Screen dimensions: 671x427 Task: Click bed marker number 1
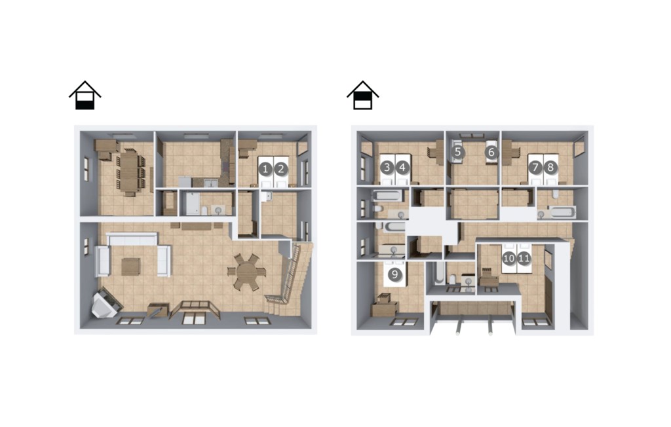[265, 169]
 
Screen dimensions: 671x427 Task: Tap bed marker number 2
[280, 169]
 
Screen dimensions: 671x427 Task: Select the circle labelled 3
[387, 167]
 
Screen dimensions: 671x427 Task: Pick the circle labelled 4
[402, 167]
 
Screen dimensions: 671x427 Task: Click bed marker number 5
[458, 152]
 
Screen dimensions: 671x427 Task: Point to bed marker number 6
[491, 152]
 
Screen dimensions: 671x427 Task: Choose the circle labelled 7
[535, 167]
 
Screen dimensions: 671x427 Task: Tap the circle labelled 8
[550, 167]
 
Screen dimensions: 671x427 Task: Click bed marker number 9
[394, 274]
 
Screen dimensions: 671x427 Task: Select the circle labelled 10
[508, 258]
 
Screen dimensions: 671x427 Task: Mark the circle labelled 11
[524, 258]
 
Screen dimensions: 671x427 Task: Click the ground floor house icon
[85, 95]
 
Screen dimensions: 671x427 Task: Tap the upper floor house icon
[363, 95]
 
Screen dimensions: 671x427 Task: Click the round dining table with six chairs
[246, 272]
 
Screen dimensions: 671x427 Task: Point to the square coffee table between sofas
[130, 267]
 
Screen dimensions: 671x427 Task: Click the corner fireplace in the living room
[105, 303]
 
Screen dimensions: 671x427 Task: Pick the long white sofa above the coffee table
[132, 239]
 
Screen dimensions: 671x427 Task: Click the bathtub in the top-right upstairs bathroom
[562, 212]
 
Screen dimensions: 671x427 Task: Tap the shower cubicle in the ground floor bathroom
[189, 203]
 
